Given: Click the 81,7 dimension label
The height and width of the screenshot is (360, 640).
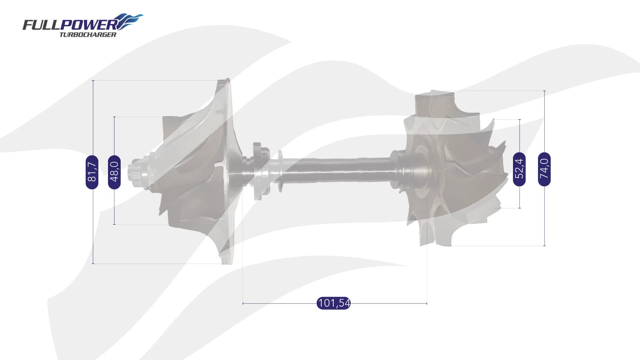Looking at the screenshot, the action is tap(92, 172).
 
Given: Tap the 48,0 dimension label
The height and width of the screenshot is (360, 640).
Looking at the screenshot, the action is tap(114, 172).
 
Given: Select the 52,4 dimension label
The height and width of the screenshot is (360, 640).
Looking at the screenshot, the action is tap(519, 169).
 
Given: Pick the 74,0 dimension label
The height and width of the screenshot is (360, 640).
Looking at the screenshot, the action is tap(544, 169).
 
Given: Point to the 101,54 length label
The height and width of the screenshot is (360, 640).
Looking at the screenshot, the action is tap(334, 303).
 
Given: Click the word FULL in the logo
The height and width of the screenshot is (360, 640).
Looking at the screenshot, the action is tap(42, 25).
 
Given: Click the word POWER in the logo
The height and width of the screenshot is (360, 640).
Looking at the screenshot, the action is tap(88, 25).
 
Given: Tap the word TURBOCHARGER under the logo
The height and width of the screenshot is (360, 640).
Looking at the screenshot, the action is tap(88, 34).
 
